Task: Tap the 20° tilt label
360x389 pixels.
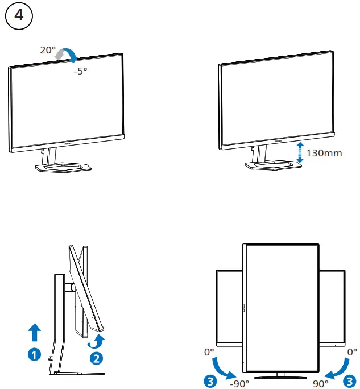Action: (48, 51)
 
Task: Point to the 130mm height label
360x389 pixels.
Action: (324, 153)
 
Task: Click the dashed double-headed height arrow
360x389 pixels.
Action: (300, 152)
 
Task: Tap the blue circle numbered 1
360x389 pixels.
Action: (35, 354)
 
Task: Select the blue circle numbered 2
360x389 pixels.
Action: (97, 358)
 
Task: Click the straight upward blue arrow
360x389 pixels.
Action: (35, 332)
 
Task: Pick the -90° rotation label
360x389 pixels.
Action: (240, 383)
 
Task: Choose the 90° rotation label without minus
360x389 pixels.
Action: (321, 383)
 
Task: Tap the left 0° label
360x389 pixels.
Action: (209, 352)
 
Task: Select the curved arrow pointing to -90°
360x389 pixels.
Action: (221, 368)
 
